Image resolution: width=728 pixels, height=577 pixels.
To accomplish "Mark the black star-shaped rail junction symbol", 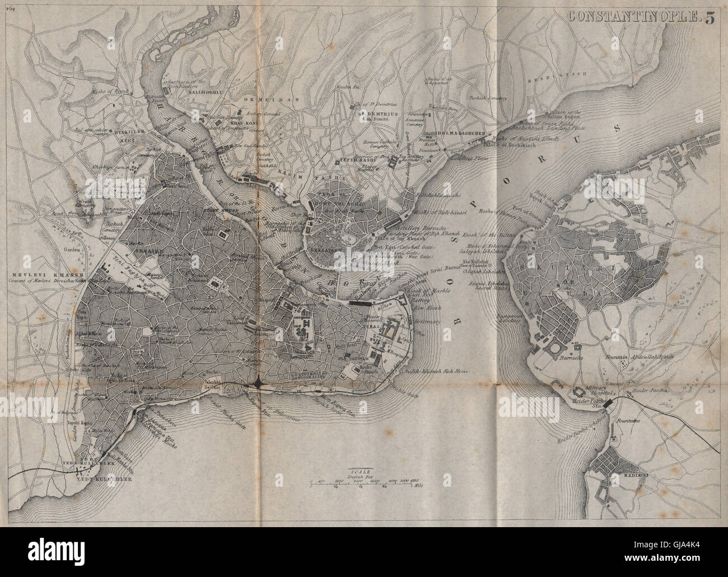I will pos(257,383).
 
